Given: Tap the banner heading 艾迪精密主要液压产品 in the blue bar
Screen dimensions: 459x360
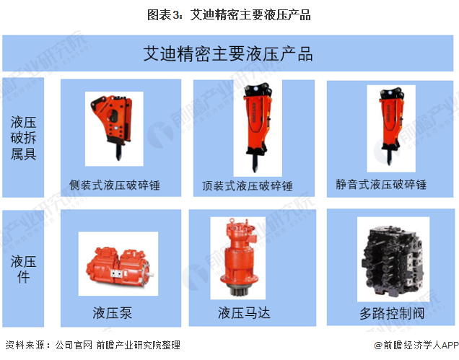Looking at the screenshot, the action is tap(228, 54).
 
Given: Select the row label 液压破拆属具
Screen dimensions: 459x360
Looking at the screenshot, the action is tap(23, 138).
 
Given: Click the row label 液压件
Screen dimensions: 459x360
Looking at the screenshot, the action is tap(23, 269).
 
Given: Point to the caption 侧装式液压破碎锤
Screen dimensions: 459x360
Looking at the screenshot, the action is tap(115, 185).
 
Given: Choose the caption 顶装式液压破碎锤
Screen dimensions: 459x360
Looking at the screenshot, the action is tap(248, 186).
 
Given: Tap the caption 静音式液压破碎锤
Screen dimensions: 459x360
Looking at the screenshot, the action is tap(381, 185).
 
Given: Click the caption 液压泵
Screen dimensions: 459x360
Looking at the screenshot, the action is tap(113, 312).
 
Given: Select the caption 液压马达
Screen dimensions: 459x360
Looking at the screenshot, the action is tap(244, 313).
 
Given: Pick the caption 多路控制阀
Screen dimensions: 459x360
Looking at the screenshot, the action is tap(392, 313).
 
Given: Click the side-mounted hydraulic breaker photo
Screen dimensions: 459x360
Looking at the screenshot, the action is tap(113, 128).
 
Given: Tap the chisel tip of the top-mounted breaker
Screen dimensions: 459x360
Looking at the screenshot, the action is tap(255, 170).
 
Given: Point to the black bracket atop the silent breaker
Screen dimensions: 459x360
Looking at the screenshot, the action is tap(391, 94).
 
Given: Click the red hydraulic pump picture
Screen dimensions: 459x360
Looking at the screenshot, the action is tap(119, 265).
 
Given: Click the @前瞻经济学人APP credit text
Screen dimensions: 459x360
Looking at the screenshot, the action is tap(416, 346).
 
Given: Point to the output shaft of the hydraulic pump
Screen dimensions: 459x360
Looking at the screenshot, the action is tap(150, 275).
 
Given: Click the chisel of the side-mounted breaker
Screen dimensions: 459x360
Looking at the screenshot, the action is tap(118, 152).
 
